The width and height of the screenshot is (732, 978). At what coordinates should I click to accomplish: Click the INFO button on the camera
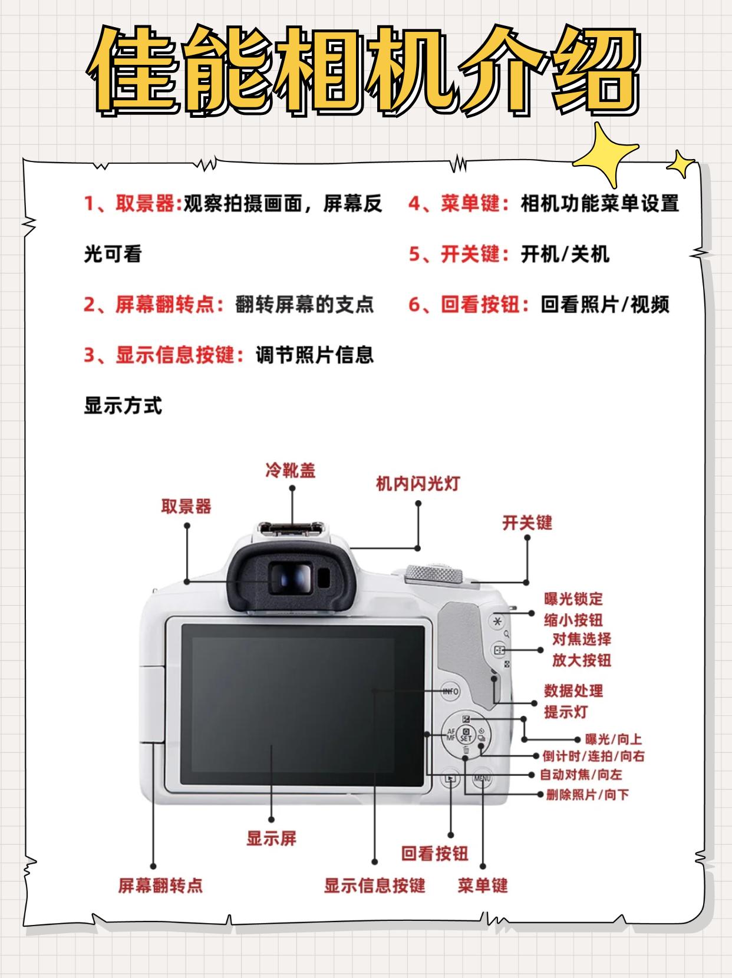(451, 691)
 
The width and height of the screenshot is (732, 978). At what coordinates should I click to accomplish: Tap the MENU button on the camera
(482, 779)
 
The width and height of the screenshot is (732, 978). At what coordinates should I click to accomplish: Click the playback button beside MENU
(450, 779)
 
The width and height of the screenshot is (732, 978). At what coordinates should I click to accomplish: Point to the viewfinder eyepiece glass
(290, 577)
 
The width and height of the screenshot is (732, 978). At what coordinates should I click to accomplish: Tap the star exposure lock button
(498, 621)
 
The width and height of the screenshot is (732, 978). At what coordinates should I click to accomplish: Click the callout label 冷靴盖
(291, 470)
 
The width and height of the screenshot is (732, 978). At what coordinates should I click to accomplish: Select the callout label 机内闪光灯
(418, 484)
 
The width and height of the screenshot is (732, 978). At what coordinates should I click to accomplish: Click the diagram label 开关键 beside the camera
(527, 523)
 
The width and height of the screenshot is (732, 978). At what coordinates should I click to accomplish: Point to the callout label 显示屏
(271, 838)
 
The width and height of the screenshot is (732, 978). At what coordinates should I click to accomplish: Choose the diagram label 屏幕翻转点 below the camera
(160, 886)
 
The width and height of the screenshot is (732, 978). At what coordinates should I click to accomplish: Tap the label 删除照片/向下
(587, 795)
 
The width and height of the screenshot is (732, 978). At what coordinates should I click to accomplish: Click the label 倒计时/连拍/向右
(593, 756)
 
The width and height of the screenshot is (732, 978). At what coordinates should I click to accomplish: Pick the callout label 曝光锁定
(573, 599)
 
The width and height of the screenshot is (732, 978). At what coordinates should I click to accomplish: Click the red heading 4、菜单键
(459, 204)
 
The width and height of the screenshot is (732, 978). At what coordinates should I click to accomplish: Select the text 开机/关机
(565, 255)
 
